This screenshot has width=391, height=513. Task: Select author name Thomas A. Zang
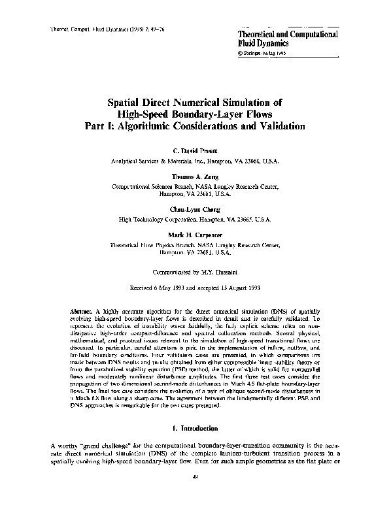[x=195, y=176]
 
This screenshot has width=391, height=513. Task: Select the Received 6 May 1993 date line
[x=195, y=286]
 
